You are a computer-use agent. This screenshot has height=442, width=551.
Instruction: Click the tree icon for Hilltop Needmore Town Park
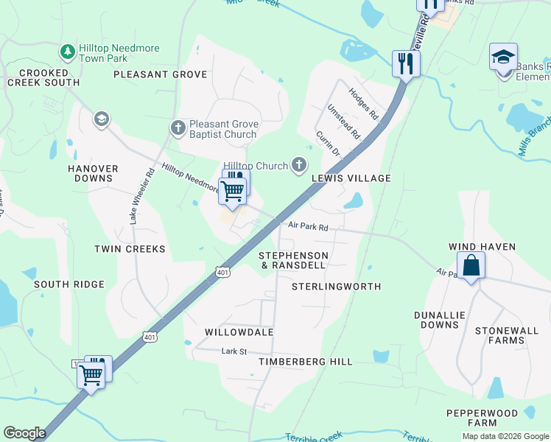point(68,52)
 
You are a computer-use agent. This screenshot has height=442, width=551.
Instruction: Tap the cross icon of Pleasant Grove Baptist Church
point(178,128)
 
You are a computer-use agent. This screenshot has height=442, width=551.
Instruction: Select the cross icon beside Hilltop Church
point(299,166)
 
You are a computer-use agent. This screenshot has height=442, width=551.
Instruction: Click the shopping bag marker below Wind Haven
point(471,265)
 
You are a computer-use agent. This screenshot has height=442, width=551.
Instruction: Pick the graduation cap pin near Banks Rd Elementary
point(503,57)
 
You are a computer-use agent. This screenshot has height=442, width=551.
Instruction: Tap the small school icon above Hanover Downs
point(101,119)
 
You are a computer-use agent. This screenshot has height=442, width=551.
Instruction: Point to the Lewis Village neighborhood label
point(351,178)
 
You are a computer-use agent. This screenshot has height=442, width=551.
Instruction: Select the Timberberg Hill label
point(306,362)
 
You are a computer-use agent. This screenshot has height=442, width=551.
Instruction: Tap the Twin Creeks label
point(130,249)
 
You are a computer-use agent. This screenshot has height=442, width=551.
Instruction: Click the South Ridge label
point(69,284)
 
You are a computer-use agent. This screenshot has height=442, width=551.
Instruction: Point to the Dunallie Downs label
point(440,320)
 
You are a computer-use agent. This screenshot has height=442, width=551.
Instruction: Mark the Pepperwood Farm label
point(471,418)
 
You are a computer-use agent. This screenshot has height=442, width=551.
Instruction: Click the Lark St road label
point(234,351)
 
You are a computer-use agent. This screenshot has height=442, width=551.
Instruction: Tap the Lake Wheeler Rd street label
point(140,196)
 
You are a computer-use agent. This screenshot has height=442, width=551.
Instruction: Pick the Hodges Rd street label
point(363,105)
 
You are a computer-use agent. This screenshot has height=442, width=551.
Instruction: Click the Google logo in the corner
point(24,433)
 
